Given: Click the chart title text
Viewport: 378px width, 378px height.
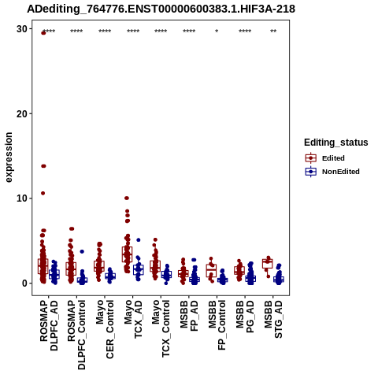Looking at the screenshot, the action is coord(161,9).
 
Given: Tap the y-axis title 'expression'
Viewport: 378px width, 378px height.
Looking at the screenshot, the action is coord(9,157).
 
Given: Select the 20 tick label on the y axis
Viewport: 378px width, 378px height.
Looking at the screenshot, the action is coord(22,113).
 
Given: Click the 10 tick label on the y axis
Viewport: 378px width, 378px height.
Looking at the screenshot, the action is coord(22,198).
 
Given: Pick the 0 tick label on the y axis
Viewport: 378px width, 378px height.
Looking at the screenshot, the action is coord(24,283).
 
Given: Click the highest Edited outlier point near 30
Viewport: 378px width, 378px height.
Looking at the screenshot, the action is coord(43,33).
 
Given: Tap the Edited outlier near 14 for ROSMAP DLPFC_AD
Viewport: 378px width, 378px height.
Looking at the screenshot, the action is coord(43,166).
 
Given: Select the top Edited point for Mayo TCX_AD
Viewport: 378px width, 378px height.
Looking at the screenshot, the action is coord(127,198).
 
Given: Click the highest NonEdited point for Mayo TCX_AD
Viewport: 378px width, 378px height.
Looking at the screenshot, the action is coord(139,240).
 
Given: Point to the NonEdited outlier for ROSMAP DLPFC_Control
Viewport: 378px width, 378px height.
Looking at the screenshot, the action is coord(82,251).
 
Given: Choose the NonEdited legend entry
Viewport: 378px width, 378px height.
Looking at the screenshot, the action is coord(332,172).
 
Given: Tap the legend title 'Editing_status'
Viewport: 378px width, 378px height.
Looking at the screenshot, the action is coord(336,143).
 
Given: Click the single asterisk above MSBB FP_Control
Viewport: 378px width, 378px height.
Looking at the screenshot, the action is coord(217,31).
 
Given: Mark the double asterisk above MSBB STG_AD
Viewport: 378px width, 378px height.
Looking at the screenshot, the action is coord(273,31).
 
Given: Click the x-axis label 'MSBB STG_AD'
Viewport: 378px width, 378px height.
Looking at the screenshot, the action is coord(273,320).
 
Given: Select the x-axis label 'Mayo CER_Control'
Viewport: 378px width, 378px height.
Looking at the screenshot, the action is coord(105,329).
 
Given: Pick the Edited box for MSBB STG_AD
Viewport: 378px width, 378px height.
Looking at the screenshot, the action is coord(268,264).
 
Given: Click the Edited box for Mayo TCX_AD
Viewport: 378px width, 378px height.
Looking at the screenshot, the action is coord(127,254).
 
